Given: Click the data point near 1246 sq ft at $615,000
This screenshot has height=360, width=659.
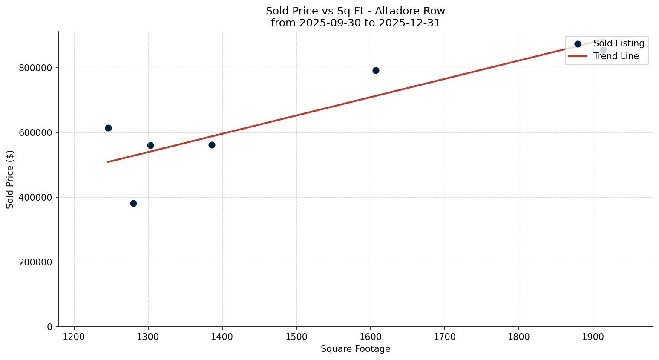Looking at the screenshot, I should (108, 128).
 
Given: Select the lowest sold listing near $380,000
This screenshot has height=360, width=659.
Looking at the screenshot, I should (133, 203).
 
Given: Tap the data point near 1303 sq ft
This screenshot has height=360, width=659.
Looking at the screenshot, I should (150, 145).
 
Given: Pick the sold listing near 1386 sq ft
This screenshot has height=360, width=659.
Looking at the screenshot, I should (212, 145).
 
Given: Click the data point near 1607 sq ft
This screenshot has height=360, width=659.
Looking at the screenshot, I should (376, 70).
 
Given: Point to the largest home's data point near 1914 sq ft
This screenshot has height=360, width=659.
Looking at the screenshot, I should (603, 50).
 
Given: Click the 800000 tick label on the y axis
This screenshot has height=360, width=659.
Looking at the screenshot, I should (36, 68).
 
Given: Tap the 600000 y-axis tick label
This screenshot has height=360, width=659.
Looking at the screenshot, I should (36, 132).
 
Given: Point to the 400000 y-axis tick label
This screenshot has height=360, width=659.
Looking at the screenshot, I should (36, 197).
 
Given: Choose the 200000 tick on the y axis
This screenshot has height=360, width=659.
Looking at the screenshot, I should (36, 262).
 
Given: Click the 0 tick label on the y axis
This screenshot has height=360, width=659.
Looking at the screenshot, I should (50, 327).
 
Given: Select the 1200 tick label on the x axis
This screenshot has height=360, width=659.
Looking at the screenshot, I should (74, 337).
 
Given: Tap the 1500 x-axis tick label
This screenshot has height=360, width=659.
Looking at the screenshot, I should (296, 337).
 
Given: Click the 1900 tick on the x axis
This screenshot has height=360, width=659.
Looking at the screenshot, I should (593, 337).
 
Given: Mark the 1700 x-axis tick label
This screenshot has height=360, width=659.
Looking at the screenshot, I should (445, 337).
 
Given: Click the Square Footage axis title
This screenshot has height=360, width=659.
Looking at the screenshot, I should (355, 349).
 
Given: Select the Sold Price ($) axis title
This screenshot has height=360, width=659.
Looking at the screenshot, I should (10, 179).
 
